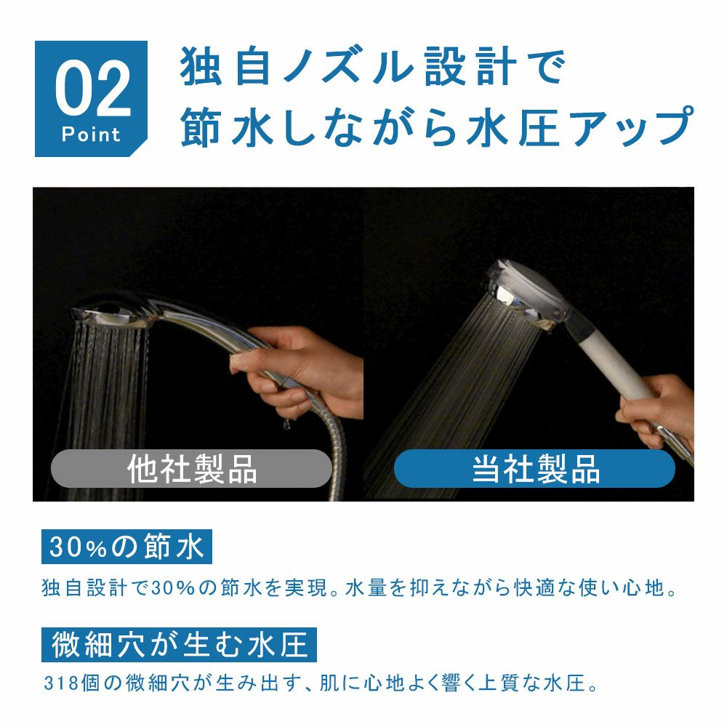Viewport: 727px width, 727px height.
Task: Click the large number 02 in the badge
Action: coord(92,91)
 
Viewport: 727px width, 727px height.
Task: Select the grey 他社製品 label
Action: coord(191,469)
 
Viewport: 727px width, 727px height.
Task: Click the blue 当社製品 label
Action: coord(535,469)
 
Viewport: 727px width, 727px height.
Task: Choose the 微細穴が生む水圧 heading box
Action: coord(179,644)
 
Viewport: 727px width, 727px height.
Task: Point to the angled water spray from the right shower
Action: coord(451,393)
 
